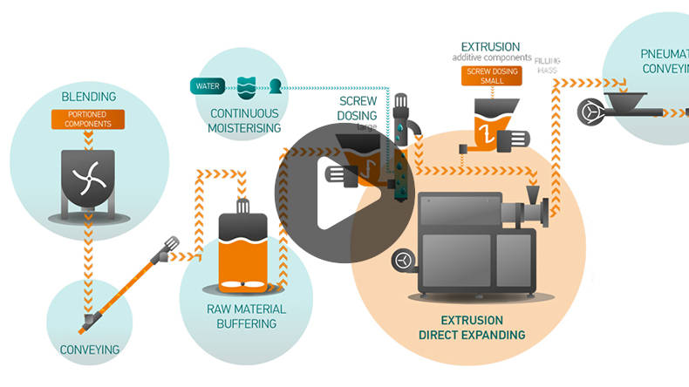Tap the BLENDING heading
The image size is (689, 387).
(89, 96)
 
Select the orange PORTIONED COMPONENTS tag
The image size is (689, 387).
(89, 119)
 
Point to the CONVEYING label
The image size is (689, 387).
(89, 350)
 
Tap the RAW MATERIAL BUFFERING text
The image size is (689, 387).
(245, 316)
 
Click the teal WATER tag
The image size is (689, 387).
(208, 86)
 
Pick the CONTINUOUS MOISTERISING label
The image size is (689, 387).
(245, 120)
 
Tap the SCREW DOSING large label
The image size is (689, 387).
(358, 109)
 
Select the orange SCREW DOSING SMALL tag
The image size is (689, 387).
(492, 76)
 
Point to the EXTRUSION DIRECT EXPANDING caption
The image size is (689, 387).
(471, 328)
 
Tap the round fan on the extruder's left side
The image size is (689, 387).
(404, 259)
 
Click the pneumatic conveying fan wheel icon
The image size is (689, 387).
(591, 112)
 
